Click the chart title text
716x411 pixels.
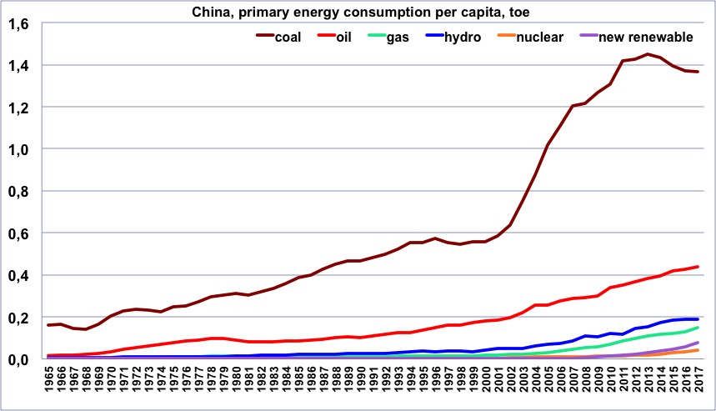coord(358,11)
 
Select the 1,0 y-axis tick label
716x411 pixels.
coord(18,149)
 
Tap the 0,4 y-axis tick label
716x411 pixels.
coord(18,275)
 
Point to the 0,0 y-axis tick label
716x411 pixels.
coord(18,359)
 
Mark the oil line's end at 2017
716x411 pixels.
coord(697,267)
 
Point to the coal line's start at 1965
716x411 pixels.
coord(48,325)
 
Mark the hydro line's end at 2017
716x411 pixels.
coord(697,319)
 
